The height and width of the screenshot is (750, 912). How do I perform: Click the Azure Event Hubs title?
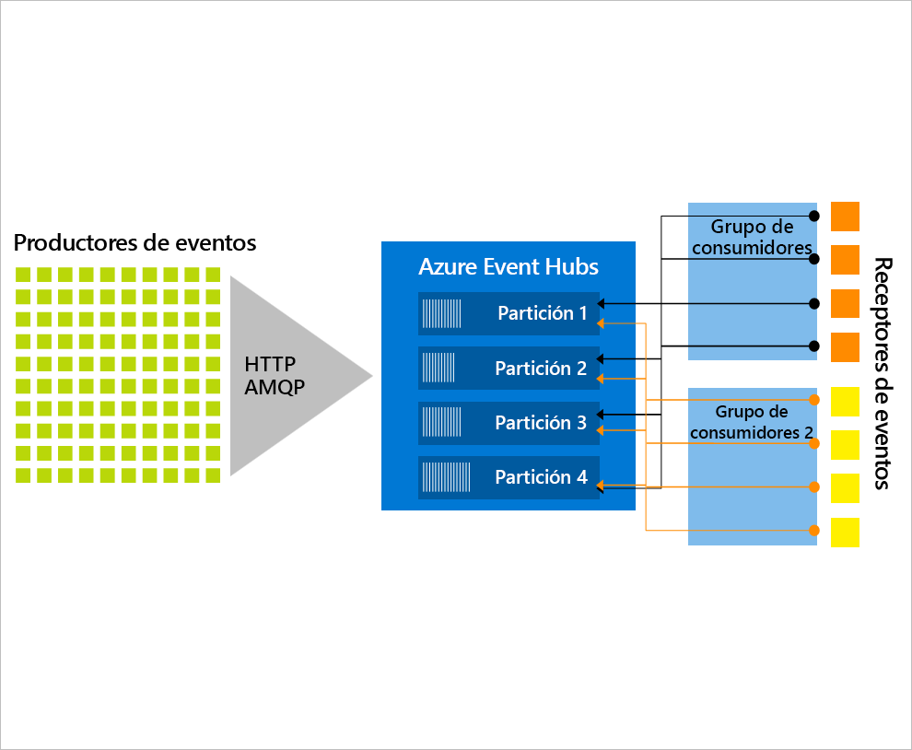(x=509, y=267)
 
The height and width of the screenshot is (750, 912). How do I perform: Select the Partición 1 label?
(x=542, y=313)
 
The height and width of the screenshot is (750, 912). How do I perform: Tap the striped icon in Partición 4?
(x=446, y=477)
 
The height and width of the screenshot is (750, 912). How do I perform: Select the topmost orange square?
(x=845, y=217)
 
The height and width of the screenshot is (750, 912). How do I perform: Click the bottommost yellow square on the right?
(x=845, y=533)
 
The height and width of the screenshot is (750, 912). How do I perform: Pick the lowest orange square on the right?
(x=845, y=347)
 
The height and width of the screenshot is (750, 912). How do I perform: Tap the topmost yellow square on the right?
(x=845, y=402)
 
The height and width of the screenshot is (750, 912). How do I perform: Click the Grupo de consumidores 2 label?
(x=752, y=422)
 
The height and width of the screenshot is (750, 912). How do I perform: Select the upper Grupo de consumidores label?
(x=752, y=237)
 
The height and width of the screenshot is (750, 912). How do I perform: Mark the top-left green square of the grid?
(x=23, y=275)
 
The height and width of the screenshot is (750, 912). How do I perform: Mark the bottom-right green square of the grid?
(x=213, y=475)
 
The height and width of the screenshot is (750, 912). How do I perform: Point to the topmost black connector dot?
(x=813, y=216)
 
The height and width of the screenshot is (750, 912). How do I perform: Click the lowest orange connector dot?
(x=813, y=531)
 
